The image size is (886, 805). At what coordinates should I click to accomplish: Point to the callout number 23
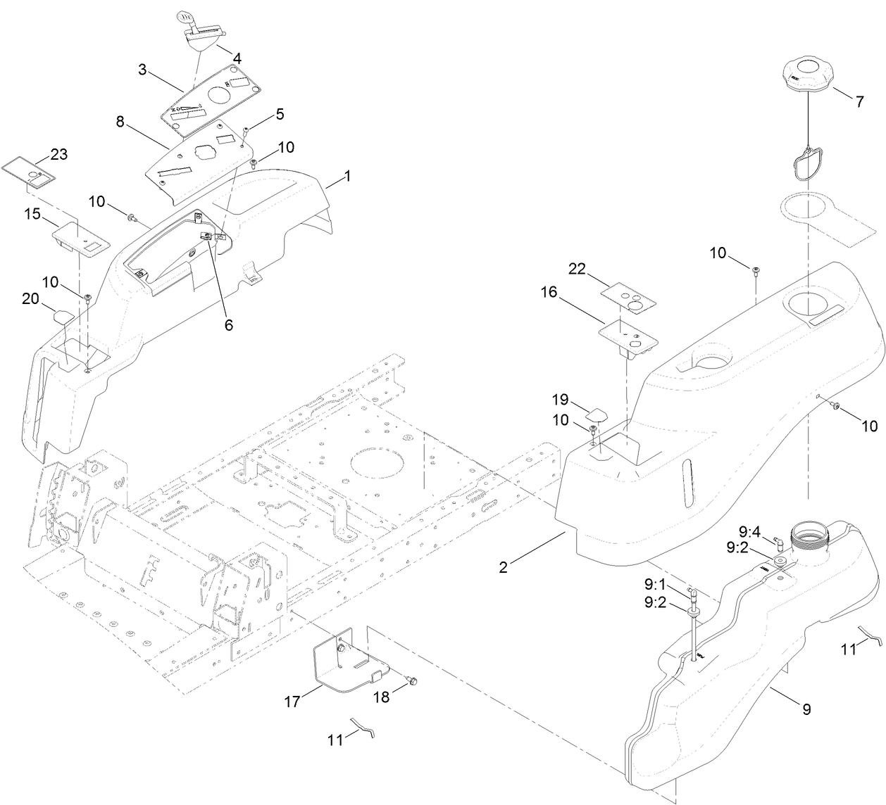click(x=58, y=154)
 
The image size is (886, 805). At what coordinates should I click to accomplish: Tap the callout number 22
click(x=578, y=270)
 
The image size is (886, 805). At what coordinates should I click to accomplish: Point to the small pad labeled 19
click(x=599, y=411)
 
